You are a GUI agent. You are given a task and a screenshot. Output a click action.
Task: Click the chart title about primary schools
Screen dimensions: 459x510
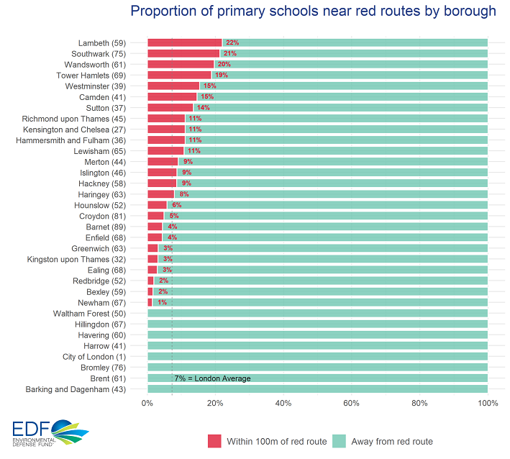[313, 12]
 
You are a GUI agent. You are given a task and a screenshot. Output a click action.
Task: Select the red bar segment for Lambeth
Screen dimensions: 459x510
[185, 42]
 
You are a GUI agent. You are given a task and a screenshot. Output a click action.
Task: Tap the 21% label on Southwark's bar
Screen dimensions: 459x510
[230, 53]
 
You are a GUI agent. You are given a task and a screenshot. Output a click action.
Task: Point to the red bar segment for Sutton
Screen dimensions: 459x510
[170, 108]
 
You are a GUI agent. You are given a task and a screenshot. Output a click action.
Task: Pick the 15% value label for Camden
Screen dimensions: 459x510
[207, 97]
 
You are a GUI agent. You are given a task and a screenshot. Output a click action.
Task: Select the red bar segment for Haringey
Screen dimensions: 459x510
[160, 194]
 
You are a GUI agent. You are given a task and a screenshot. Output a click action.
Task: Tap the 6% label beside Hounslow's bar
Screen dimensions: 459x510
[176, 205]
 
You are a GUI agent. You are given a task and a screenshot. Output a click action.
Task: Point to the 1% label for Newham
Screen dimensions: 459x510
[162, 303]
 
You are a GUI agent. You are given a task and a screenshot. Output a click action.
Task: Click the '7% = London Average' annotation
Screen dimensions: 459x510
[212, 378]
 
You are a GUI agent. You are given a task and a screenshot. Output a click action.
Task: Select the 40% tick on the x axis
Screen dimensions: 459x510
[283, 404]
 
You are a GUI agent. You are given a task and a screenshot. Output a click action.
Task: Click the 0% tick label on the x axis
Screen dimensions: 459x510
[147, 404]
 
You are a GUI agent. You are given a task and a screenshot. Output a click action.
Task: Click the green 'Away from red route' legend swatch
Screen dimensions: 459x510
[340, 441]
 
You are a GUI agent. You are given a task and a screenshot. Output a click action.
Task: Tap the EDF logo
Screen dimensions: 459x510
[49, 434]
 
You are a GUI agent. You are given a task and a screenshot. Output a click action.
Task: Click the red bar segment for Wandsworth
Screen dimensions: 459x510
[181, 64]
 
